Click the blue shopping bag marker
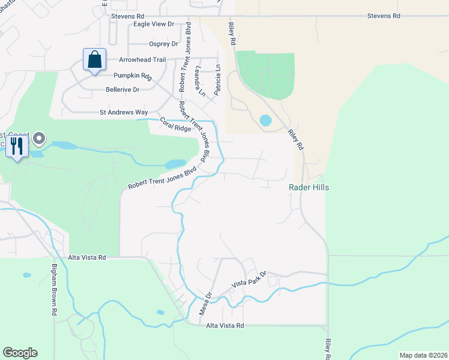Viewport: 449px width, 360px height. (94, 60)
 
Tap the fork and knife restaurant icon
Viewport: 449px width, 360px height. (17, 146)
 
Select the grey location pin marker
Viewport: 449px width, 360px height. (40, 139)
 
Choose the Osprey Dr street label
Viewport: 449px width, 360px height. (163, 44)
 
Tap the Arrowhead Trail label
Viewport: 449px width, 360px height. (142, 60)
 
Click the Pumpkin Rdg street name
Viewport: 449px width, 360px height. (133, 76)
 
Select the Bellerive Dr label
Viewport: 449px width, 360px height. (122, 89)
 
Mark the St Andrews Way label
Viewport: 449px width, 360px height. (124, 112)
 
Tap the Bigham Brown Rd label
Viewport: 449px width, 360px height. (54, 289)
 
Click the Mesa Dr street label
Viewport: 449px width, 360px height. (206, 303)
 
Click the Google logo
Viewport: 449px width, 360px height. (20, 353)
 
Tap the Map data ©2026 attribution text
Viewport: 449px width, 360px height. (423, 355)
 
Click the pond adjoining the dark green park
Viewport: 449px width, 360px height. (265, 120)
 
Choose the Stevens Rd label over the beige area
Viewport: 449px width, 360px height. (384, 16)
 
